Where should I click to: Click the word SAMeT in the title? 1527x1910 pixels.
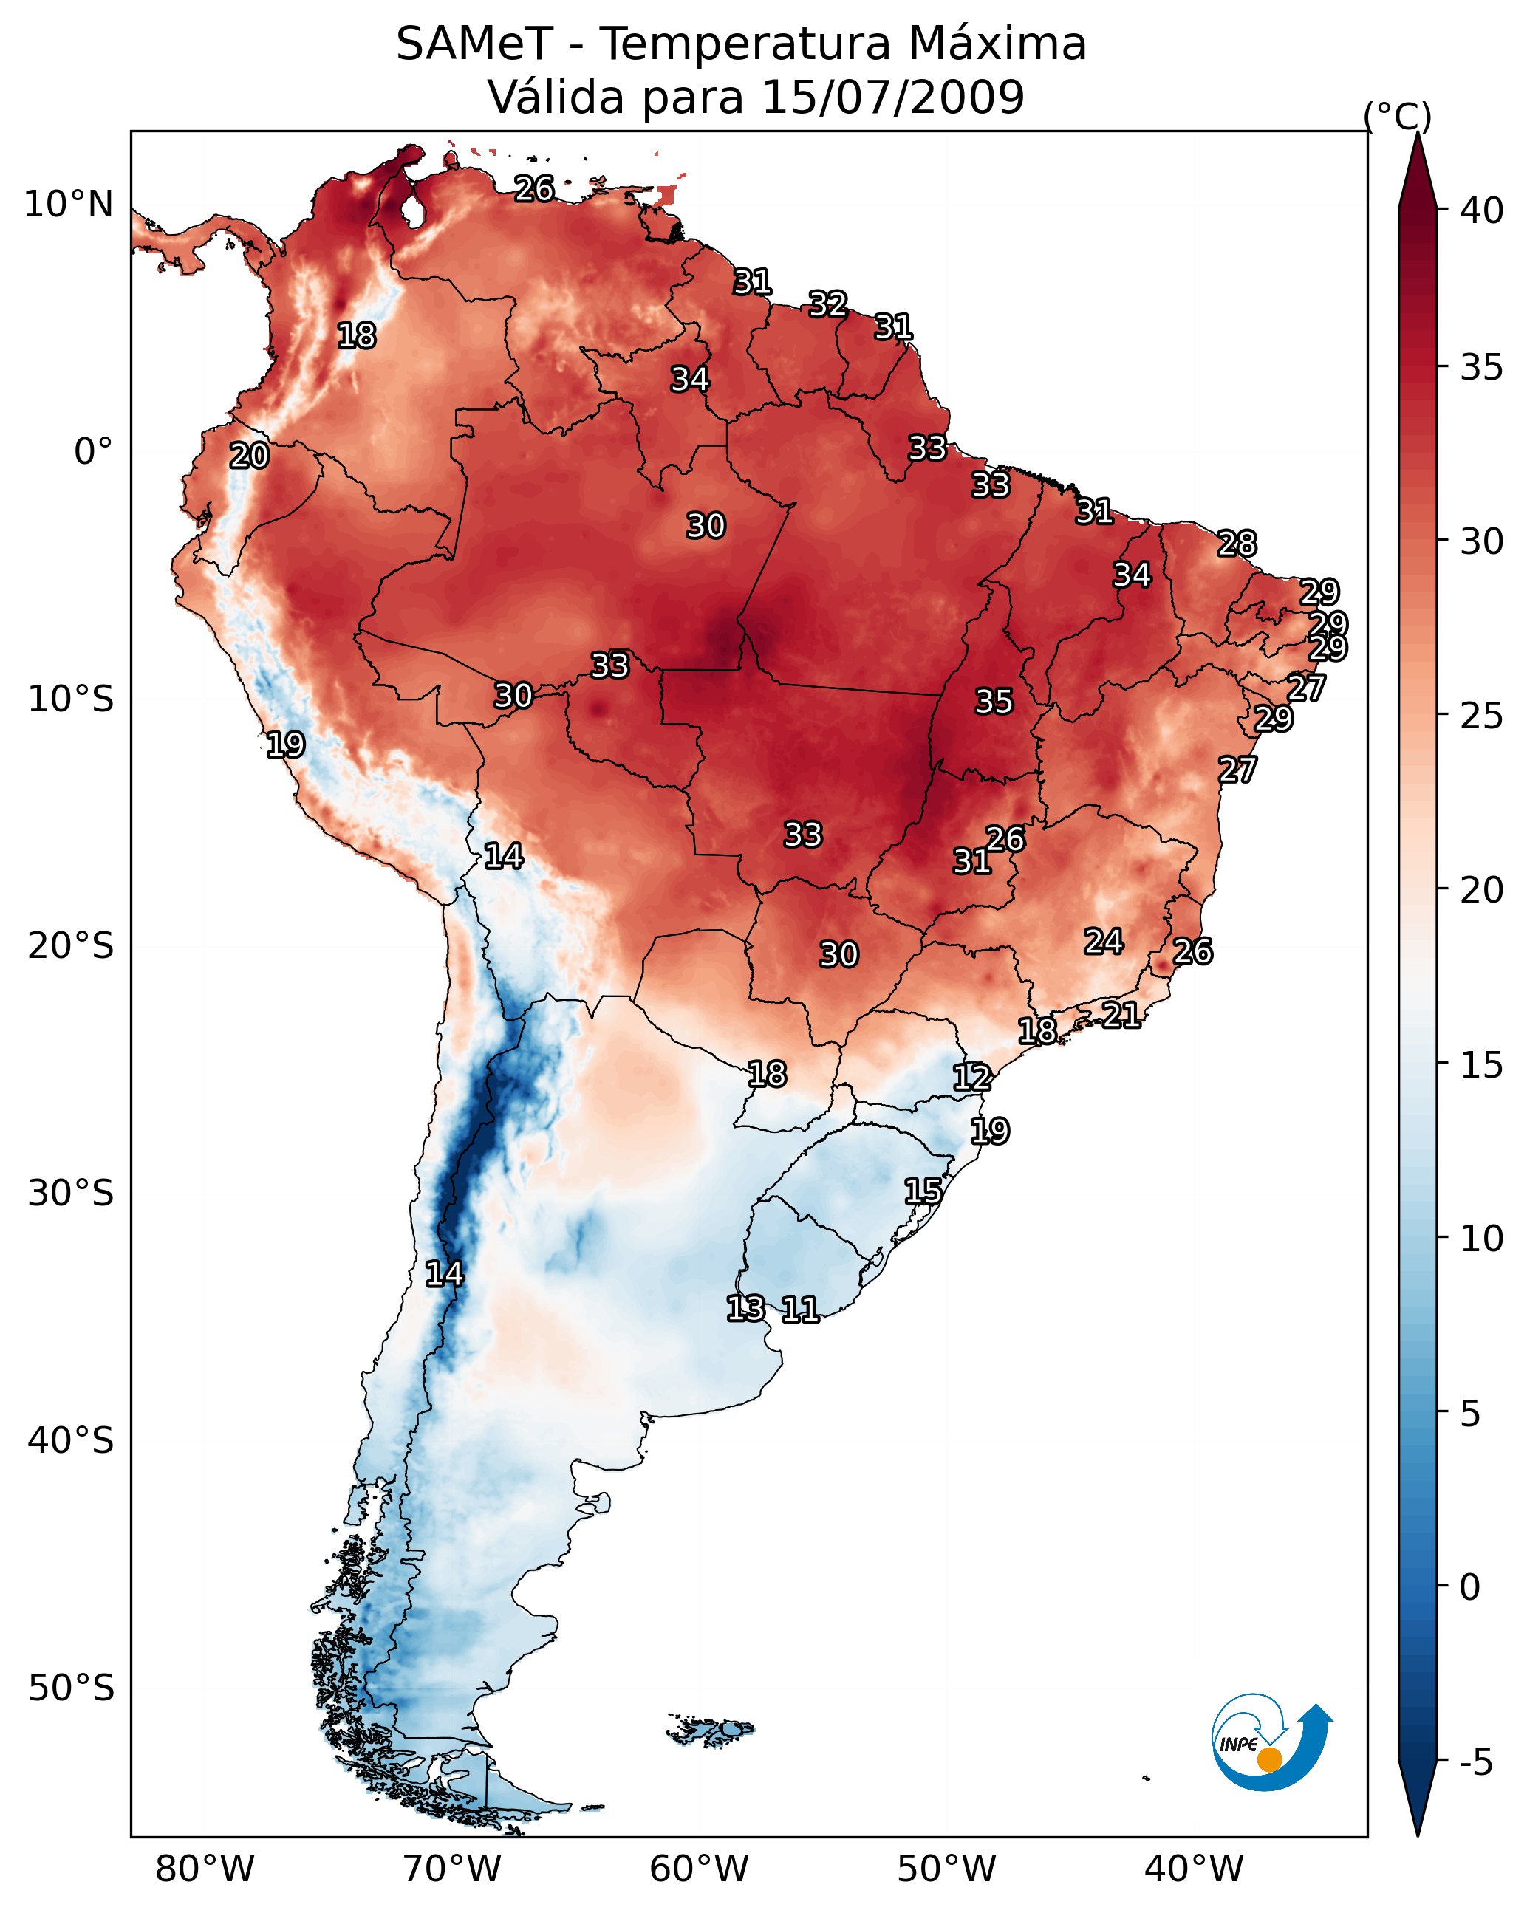click(x=474, y=44)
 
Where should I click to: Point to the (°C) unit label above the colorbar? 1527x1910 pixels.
click(x=1397, y=117)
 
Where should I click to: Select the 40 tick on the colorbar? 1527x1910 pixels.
click(x=1482, y=210)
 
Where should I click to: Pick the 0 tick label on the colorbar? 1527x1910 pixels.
click(x=1469, y=1587)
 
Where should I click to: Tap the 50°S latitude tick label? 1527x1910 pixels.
click(x=71, y=1688)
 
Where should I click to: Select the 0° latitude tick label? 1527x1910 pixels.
click(x=94, y=452)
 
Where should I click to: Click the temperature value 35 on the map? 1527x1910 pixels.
click(x=994, y=702)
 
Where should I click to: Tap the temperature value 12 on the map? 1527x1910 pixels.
click(x=971, y=1078)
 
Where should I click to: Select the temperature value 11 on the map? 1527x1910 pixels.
click(x=799, y=1310)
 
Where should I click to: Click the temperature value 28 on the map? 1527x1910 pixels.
click(x=1237, y=543)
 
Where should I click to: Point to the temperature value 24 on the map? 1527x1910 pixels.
click(x=1104, y=941)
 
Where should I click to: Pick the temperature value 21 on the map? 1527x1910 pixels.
click(x=1121, y=1014)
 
